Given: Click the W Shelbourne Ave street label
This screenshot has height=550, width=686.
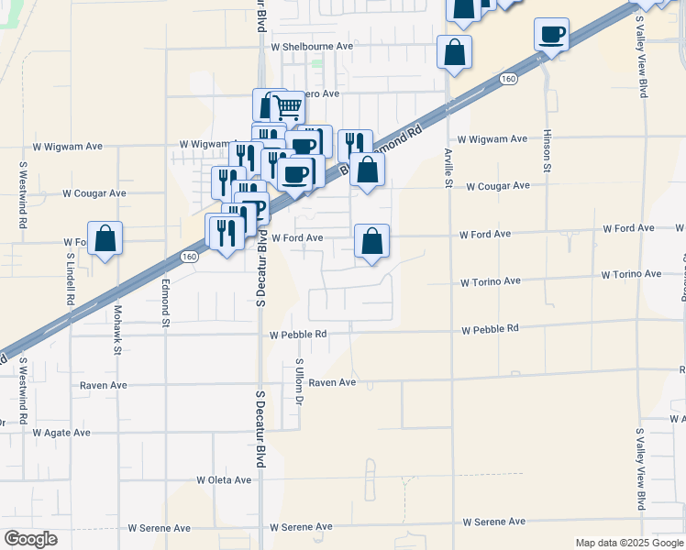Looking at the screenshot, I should tap(312, 46).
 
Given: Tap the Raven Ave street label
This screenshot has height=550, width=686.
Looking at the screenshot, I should tap(332, 382).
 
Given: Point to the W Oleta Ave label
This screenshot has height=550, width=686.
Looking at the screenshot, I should tap(224, 479).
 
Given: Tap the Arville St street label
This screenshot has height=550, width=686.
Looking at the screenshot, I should tap(448, 168).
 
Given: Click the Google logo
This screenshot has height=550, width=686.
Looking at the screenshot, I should tap(30, 539).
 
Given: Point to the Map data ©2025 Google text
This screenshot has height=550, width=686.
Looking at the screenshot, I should tap(629, 543).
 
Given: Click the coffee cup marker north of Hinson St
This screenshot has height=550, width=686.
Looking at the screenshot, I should tap(552, 35).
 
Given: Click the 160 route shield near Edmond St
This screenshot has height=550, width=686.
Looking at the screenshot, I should tap(189, 257).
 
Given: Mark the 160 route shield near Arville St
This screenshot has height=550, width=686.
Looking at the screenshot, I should tap(508, 81).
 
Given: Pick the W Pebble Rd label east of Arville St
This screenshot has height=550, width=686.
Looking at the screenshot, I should tap(490, 328).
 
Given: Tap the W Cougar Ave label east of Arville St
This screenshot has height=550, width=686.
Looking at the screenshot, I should tap(498, 186).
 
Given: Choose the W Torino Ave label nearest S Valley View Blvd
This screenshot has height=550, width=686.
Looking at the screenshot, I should tap(631, 274).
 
